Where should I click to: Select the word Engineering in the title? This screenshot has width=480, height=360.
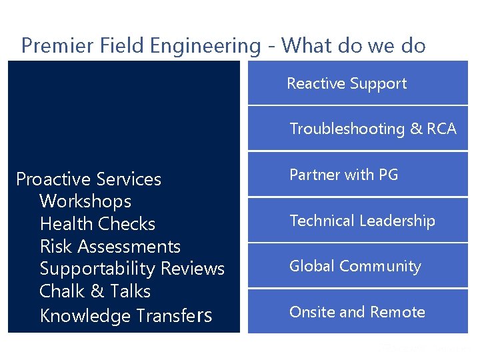tap(205, 45)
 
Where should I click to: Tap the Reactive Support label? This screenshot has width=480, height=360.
tap(347, 83)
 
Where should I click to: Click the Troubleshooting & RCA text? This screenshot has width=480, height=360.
tap(373, 129)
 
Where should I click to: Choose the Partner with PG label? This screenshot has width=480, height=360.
tap(343, 175)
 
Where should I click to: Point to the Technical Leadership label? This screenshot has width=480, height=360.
tap(362, 221)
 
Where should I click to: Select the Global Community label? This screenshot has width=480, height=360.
tap(355, 266)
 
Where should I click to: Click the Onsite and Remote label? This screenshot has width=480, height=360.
tap(357, 312)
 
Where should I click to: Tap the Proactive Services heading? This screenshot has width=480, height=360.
tap(89, 179)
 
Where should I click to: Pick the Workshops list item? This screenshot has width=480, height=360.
tap(85, 201)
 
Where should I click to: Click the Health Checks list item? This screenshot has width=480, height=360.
tap(97, 224)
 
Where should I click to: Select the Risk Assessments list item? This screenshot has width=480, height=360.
tap(110, 247)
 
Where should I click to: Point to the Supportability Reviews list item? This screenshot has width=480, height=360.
tap(132, 269)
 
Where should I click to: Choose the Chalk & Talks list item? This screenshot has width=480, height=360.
tap(95, 291)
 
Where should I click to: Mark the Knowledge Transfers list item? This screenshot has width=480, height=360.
tap(126, 315)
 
